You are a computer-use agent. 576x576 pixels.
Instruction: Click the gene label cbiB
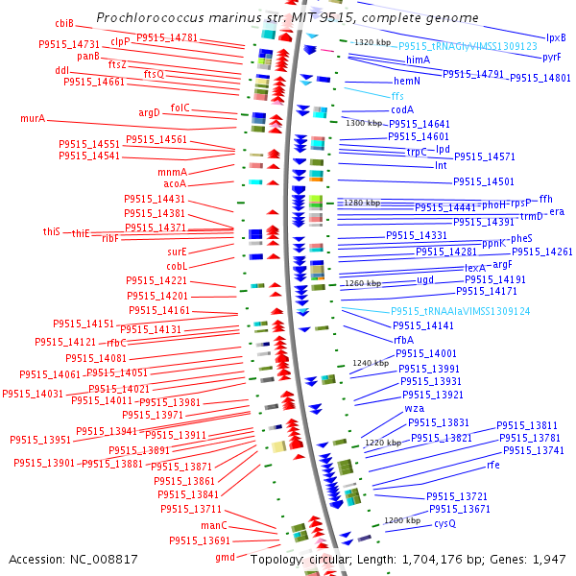click(x=64, y=23)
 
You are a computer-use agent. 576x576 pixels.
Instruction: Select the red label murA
click(x=33, y=119)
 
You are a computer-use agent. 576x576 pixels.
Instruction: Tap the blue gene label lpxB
click(x=556, y=37)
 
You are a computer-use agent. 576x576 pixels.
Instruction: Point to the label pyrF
click(x=552, y=58)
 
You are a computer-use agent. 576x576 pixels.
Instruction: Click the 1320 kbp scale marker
click(x=372, y=43)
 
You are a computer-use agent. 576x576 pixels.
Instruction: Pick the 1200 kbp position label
click(x=401, y=520)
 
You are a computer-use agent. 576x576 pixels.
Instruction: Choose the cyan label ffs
click(x=397, y=96)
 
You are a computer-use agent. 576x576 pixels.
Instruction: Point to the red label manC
click(x=213, y=526)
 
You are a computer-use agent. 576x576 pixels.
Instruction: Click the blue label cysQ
click(x=444, y=523)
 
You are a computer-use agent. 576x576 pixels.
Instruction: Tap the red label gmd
click(x=225, y=557)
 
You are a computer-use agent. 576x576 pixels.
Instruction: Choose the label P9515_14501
click(x=484, y=181)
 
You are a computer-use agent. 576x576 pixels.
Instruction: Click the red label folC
click(x=180, y=108)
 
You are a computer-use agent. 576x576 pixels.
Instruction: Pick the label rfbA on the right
click(x=403, y=340)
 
